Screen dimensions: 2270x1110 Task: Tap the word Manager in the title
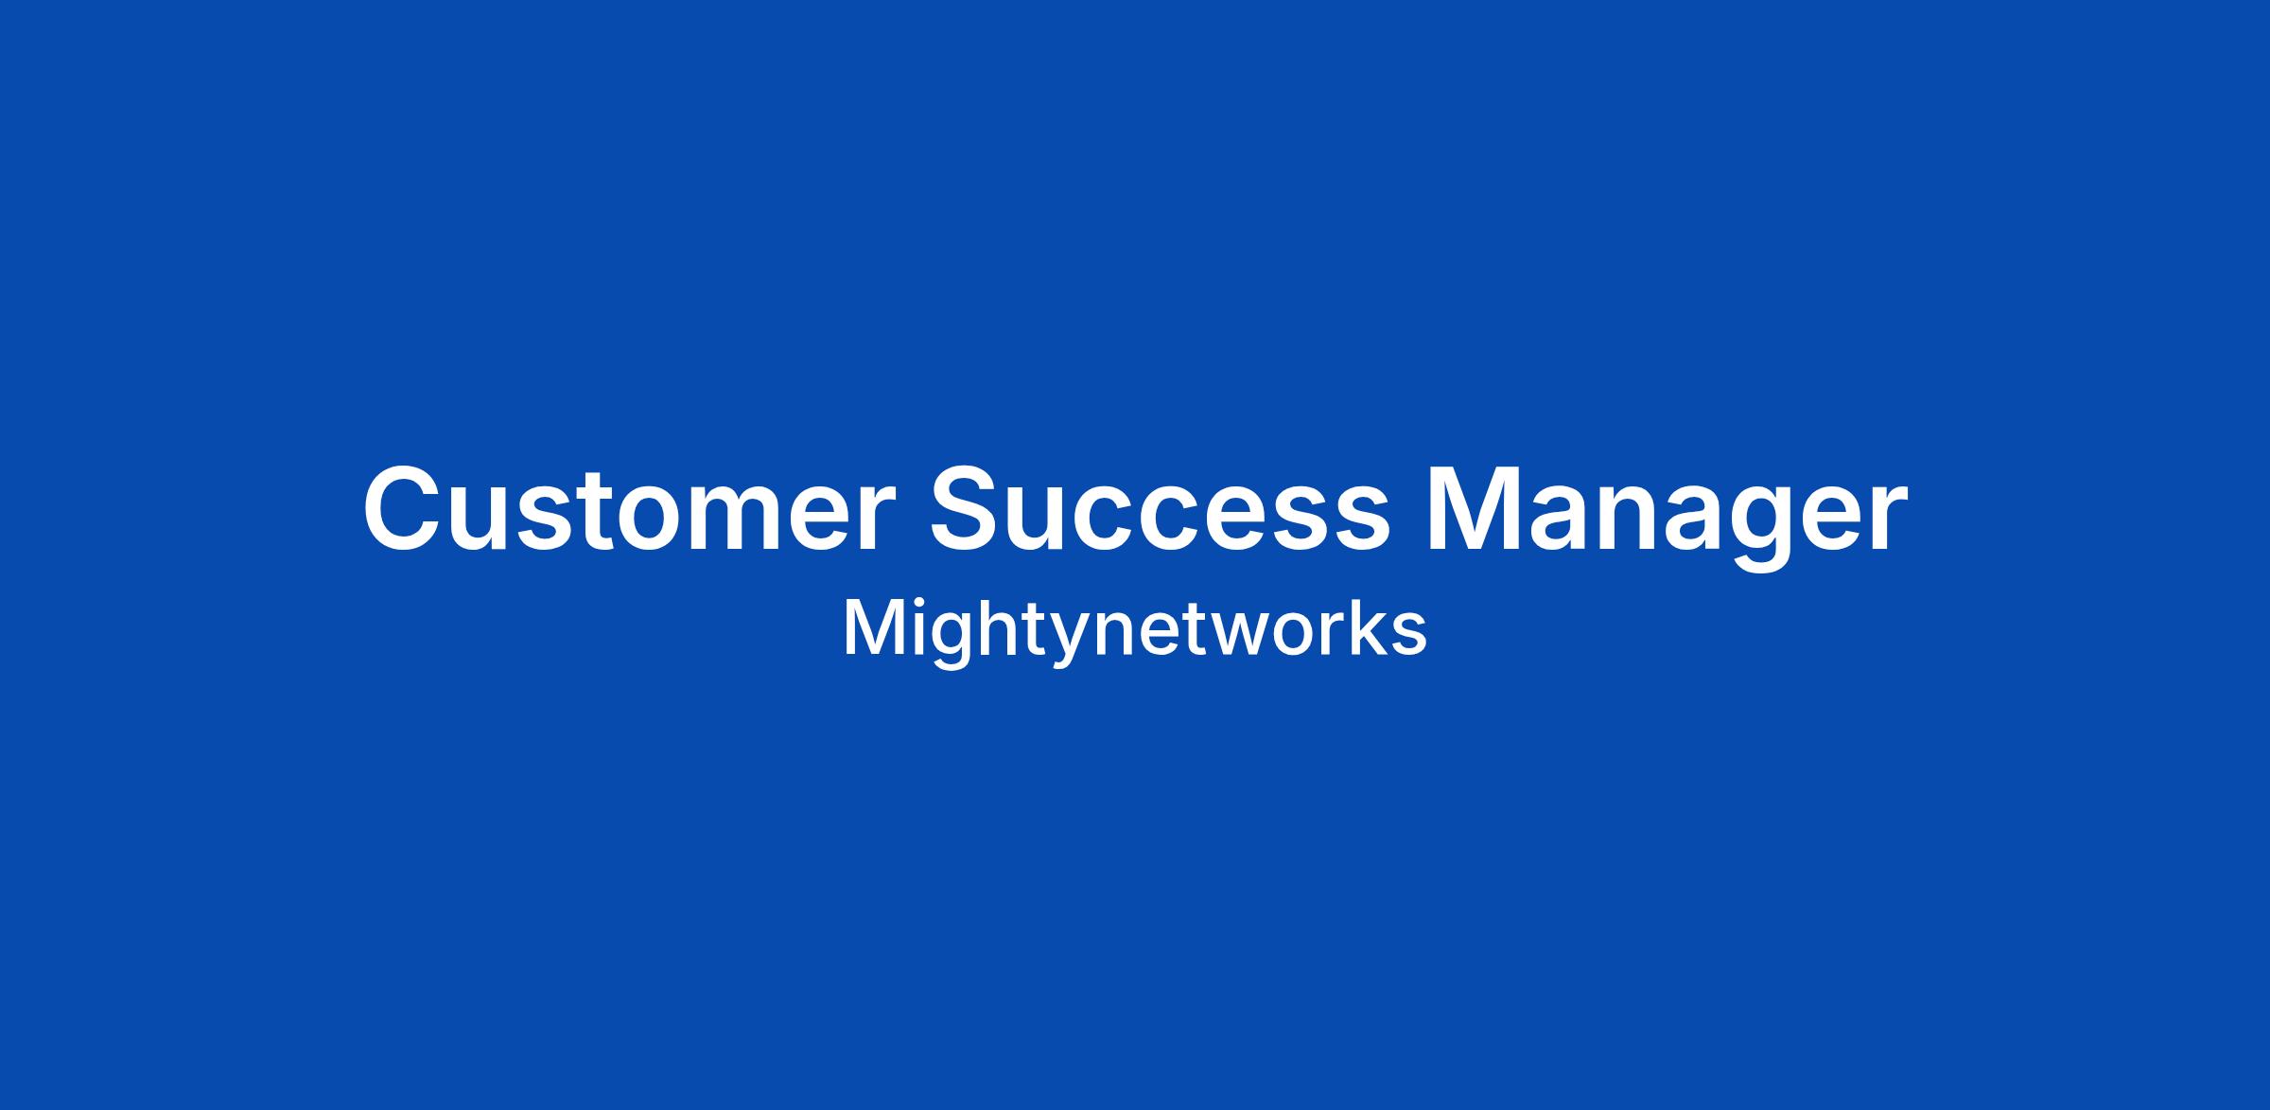1667,517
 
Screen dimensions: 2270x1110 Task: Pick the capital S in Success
969,507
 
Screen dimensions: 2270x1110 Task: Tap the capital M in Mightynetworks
873,627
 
